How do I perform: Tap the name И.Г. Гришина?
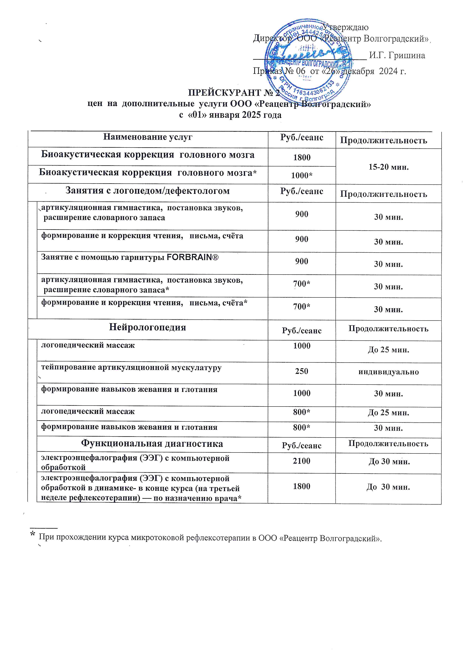(397, 55)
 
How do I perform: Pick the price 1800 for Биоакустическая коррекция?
(302, 157)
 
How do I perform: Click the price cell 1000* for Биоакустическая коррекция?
(302, 175)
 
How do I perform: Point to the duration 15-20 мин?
(388, 167)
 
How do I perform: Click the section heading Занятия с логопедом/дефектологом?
(148, 191)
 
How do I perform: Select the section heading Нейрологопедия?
(148, 327)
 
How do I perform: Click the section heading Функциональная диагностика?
(152, 444)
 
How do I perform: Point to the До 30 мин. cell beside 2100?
(389, 462)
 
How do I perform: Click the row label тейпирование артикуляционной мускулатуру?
(131, 368)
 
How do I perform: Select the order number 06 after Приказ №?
(300, 71)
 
